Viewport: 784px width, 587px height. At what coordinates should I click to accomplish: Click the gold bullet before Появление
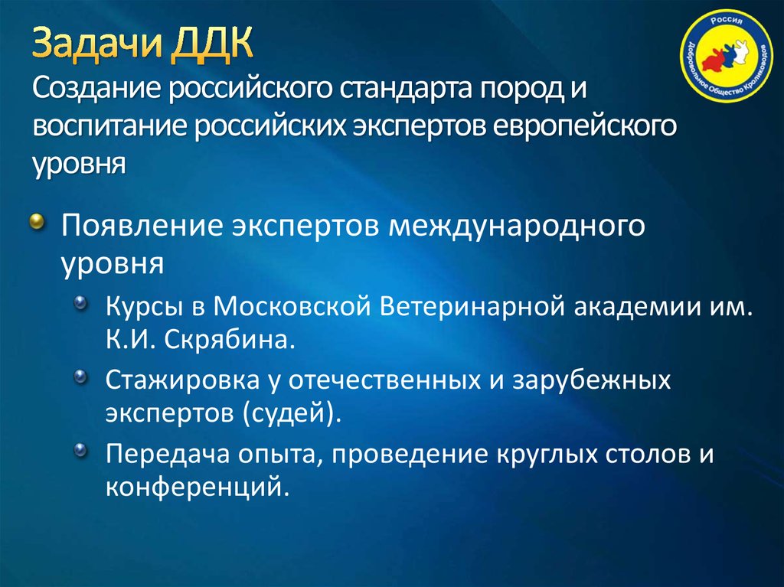coord(38,223)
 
